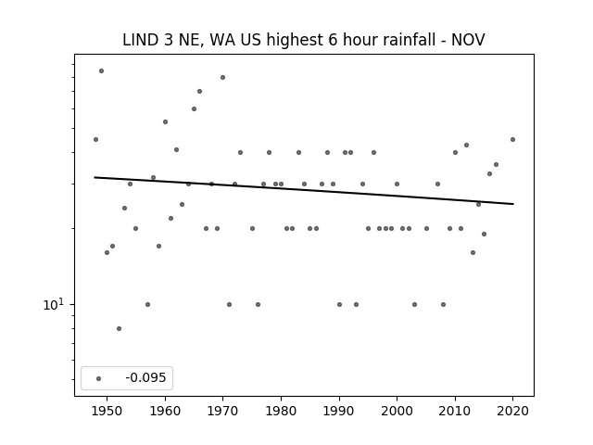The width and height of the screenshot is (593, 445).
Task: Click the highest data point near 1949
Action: [101, 70]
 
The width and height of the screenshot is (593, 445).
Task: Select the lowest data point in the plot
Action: [120, 328]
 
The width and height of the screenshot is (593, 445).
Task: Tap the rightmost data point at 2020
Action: [512, 139]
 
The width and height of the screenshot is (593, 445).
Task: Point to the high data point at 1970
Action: [222, 77]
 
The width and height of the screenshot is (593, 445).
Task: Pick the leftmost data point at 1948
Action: [95, 139]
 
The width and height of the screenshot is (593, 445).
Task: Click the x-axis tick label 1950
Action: [107, 411]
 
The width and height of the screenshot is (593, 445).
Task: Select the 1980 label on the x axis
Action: [281, 411]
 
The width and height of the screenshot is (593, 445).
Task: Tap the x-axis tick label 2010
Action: [455, 411]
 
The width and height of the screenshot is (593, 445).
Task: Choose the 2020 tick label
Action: [512, 411]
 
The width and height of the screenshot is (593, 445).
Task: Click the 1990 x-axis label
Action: [339, 411]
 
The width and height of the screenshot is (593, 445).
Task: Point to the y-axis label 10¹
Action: [54, 304]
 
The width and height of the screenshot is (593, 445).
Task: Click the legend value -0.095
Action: [145, 377]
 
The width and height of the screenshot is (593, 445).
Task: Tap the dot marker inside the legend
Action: [99, 378]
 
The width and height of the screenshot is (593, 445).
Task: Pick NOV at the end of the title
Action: [468, 40]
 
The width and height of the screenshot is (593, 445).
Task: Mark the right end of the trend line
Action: [513, 204]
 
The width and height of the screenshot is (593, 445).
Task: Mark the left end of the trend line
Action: [95, 177]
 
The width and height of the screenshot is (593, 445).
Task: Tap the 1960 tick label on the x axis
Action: [165, 411]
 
